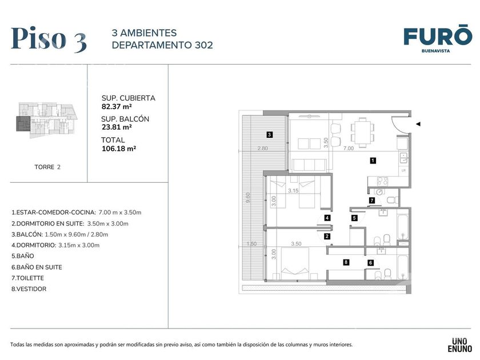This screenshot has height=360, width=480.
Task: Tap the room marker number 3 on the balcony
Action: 269,134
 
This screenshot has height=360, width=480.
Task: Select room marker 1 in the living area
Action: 373,160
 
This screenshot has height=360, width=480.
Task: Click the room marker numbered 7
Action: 372,201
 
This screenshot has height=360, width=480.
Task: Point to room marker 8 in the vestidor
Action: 346,262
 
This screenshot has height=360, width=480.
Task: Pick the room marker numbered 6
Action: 371,263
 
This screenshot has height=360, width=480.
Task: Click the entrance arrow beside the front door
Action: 418,124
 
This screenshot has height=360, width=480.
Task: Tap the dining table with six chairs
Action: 362,132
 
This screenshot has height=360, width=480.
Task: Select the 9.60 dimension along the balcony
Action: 248,198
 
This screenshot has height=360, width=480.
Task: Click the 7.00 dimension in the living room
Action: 349,148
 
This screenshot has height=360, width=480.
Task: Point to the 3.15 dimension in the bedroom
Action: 293,190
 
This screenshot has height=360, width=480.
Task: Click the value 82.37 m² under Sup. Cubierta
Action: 117,106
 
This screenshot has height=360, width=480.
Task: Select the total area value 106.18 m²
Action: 119,149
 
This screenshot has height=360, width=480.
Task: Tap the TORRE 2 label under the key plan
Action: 47,167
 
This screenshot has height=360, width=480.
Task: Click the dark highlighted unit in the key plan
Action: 23,123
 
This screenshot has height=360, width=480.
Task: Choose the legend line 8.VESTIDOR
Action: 29,289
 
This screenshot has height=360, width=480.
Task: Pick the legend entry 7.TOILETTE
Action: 27,278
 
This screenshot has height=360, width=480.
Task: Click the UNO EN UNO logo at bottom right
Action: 460,345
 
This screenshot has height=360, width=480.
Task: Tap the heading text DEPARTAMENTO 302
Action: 162,45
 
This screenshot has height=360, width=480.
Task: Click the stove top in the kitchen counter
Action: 382,181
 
